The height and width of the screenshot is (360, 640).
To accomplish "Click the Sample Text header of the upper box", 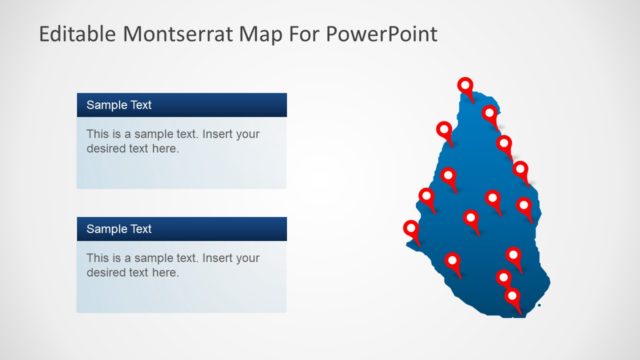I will [119, 105].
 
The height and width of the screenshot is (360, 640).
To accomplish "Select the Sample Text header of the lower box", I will [119, 229].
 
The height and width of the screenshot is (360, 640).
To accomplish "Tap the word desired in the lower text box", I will [108, 273].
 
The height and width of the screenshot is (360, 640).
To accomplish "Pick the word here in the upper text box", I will [165, 149].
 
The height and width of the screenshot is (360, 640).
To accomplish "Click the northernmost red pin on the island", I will [465, 87].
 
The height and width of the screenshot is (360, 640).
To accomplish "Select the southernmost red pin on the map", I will [513, 297].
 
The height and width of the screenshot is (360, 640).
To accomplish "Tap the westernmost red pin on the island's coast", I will [411, 230].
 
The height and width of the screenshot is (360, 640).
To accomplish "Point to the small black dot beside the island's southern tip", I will [539, 306].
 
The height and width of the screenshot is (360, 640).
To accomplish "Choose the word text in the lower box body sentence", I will [187, 258].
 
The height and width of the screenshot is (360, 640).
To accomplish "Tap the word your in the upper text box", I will [247, 133].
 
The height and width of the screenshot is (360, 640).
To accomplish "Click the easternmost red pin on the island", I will [524, 207].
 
